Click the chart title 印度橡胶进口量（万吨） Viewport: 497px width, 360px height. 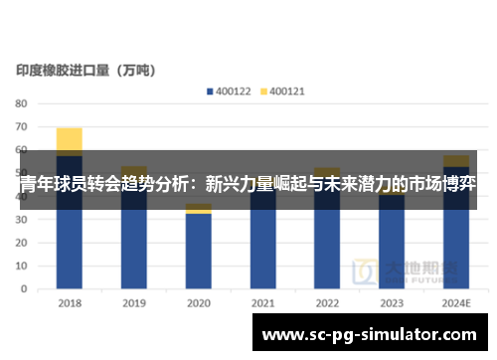[x=91, y=71]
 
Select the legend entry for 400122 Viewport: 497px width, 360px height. [x=230, y=90]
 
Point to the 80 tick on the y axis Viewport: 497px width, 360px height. [x=22, y=103]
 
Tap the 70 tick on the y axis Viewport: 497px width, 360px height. [x=22, y=127]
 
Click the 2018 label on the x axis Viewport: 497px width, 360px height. [x=70, y=304]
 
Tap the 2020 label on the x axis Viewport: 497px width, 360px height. [x=199, y=304]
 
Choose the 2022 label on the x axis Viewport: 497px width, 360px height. [x=327, y=304]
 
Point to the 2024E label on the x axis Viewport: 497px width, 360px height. [x=456, y=304]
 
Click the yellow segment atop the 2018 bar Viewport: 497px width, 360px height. [x=70, y=140]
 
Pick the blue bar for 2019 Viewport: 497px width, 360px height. [x=134, y=249]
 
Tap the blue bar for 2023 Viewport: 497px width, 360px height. [x=392, y=249]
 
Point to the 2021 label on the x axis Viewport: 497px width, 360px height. [x=262, y=304]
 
